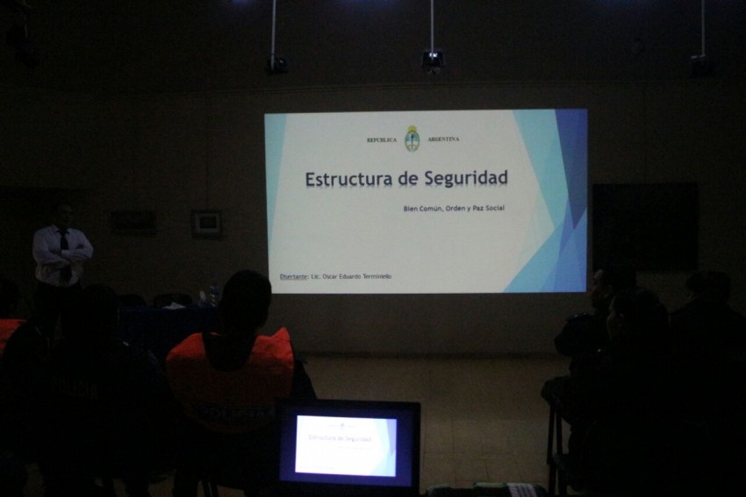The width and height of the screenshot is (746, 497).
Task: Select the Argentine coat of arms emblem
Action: [412, 138]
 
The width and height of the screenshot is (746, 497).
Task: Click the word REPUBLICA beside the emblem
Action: [382, 140]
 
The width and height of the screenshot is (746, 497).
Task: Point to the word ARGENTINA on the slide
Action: [444, 140]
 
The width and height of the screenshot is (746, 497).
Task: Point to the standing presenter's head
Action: [61, 214]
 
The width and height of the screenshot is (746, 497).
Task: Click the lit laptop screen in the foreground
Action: [346, 445]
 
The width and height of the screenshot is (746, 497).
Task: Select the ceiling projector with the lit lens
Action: [431, 60]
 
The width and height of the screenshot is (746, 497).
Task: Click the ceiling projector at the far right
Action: [699, 62]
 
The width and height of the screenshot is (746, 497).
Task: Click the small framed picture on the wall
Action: [207, 223]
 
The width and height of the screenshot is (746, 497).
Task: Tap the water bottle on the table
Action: [213, 294]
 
